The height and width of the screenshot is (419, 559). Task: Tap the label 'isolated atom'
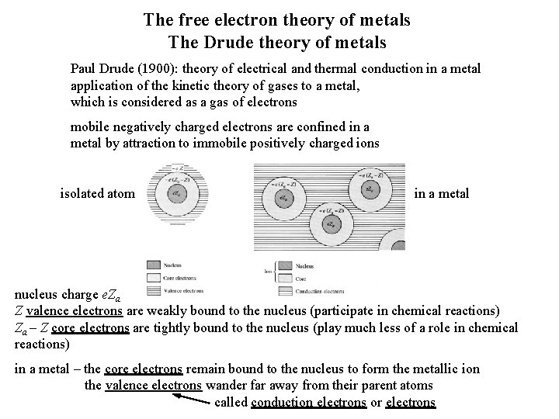click(x=97, y=193)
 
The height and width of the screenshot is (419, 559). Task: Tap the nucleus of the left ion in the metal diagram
click(x=286, y=198)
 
